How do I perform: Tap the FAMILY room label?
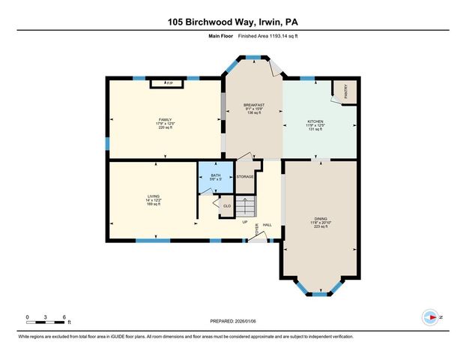(x=165, y=120)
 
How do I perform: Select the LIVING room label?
(x=153, y=197)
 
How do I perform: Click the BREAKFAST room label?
(x=254, y=106)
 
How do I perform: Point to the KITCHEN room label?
(x=315, y=121)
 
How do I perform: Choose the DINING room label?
(x=320, y=217)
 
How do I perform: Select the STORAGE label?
(x=245, y=177)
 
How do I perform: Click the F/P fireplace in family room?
(x=169, y=82)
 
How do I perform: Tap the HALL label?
(x=267, y=225)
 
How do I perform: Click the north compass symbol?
(x=430, y=316)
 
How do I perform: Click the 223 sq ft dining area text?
(x=320, y=226)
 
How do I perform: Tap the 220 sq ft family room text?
(x=165, y=128)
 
